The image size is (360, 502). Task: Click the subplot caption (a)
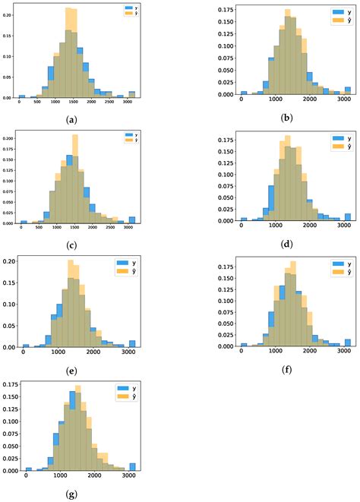click(x=71, y=119)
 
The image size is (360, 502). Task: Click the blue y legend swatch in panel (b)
click(x=336, y=12)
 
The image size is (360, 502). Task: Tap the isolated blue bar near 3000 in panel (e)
click(x=132, y=343)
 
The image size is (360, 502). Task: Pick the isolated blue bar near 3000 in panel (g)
click(x=133, y=467)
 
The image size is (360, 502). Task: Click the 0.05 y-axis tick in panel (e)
click(x=11, y=326)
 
